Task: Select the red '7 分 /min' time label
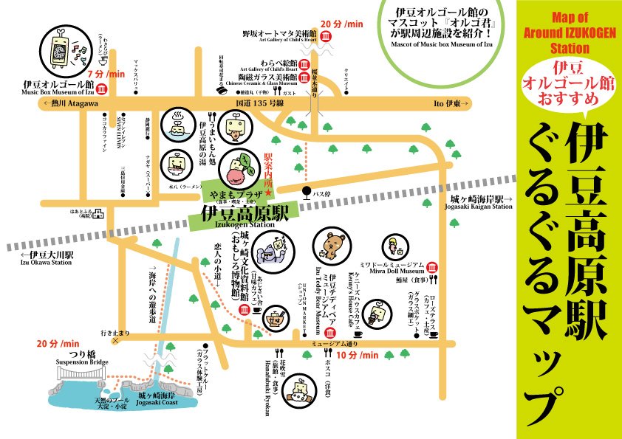106,75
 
